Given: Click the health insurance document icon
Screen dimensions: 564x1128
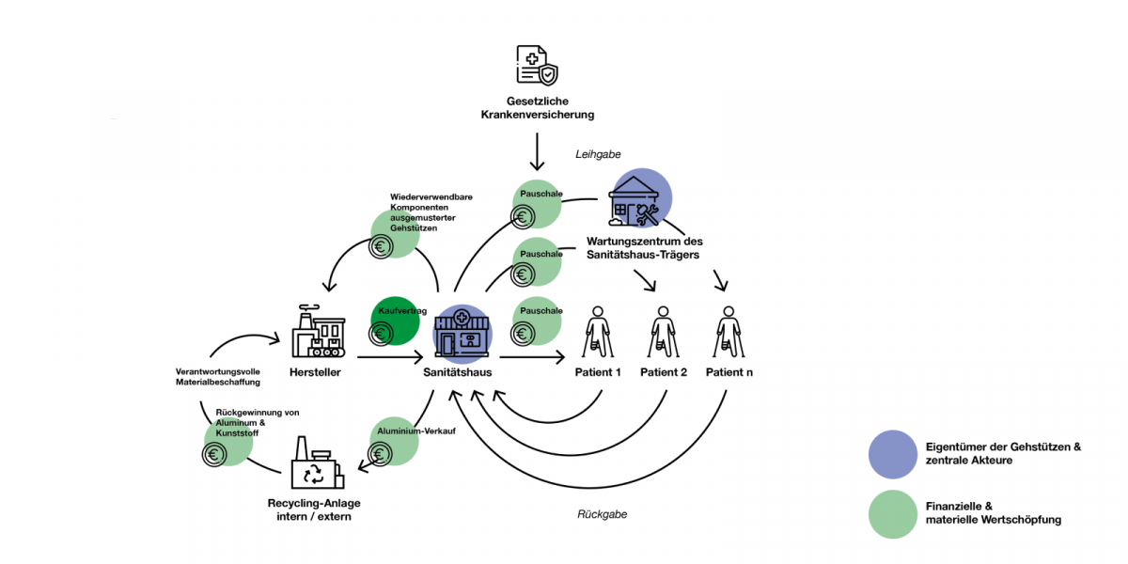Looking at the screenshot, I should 537,66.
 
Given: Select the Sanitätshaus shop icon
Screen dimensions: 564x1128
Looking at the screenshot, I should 462,335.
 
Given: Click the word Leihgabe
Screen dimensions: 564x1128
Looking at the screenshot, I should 598,154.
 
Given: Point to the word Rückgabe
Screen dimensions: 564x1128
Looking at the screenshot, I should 602,514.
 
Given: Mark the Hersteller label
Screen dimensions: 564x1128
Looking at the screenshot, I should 315,372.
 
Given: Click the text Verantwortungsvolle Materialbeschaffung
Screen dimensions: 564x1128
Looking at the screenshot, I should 217,376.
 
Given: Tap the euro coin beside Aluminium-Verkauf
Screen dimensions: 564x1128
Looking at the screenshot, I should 381,455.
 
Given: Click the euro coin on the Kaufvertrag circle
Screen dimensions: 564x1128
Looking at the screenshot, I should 381,333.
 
